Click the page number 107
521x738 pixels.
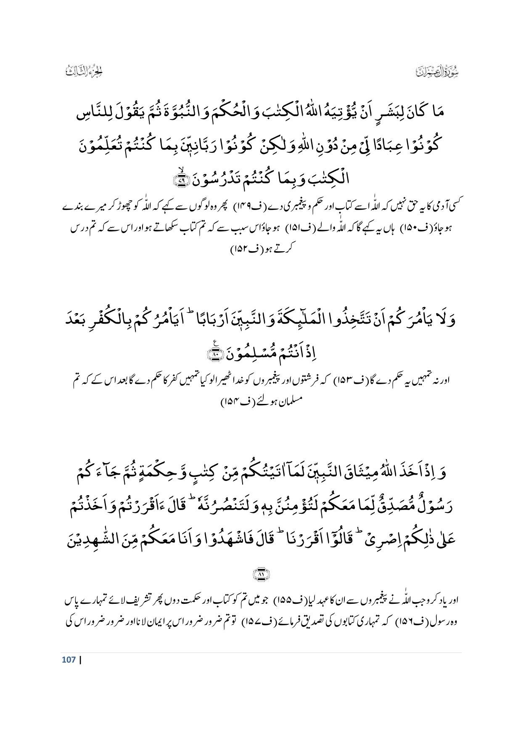[x=69, y=659]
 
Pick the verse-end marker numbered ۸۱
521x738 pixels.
[x=261, y=573]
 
